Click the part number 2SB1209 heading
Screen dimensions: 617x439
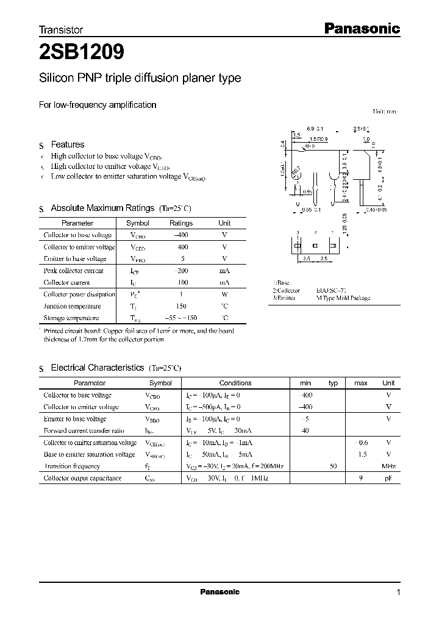click(82, 52)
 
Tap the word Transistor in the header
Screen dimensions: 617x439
click(61, 29)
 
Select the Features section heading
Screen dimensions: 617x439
click(67, 144)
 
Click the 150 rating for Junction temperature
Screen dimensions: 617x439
click(180, 306)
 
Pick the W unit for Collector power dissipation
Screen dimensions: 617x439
click(224, 294)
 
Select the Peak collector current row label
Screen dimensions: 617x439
click(73, 271)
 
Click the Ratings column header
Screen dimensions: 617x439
click(180, 223)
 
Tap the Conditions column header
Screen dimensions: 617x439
click(235, 383)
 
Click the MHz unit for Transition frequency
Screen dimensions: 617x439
click(388, 466)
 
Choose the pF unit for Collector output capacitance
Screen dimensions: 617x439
click(388, 479)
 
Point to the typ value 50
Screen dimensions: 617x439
click(333, 466)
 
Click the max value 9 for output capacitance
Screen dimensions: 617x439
click(361, 479)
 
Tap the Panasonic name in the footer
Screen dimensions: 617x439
click(220, 592)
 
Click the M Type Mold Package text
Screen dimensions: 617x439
click(343, 298)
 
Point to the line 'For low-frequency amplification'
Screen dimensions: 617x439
click(98, 105)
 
